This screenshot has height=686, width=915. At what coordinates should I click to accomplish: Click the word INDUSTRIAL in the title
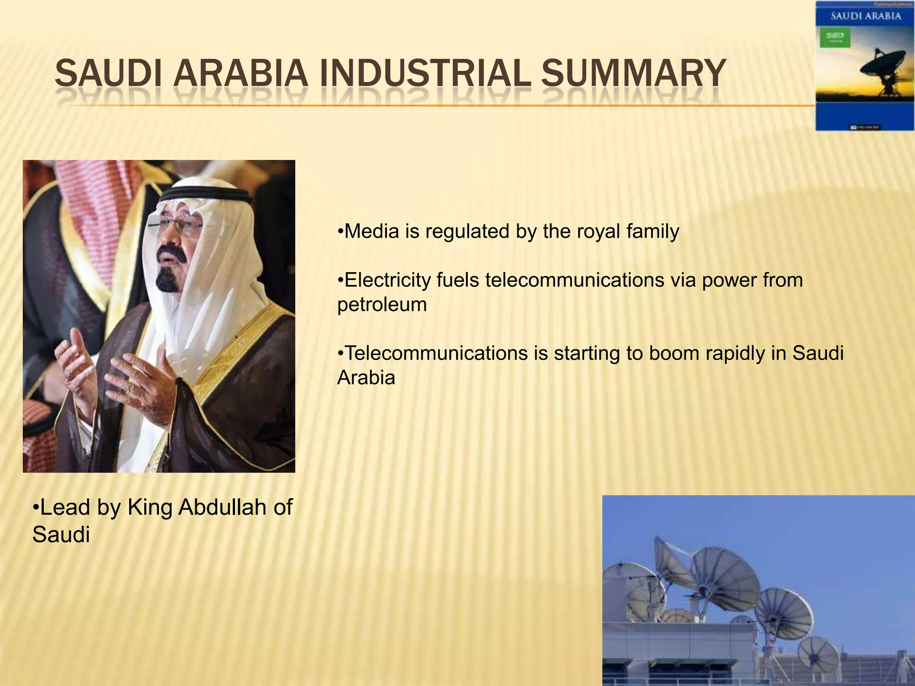(423, 74)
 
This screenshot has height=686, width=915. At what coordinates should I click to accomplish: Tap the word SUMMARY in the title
(633, 74)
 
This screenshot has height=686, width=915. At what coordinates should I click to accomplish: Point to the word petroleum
(382, 305)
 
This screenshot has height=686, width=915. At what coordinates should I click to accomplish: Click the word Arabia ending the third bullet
(366, 378)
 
